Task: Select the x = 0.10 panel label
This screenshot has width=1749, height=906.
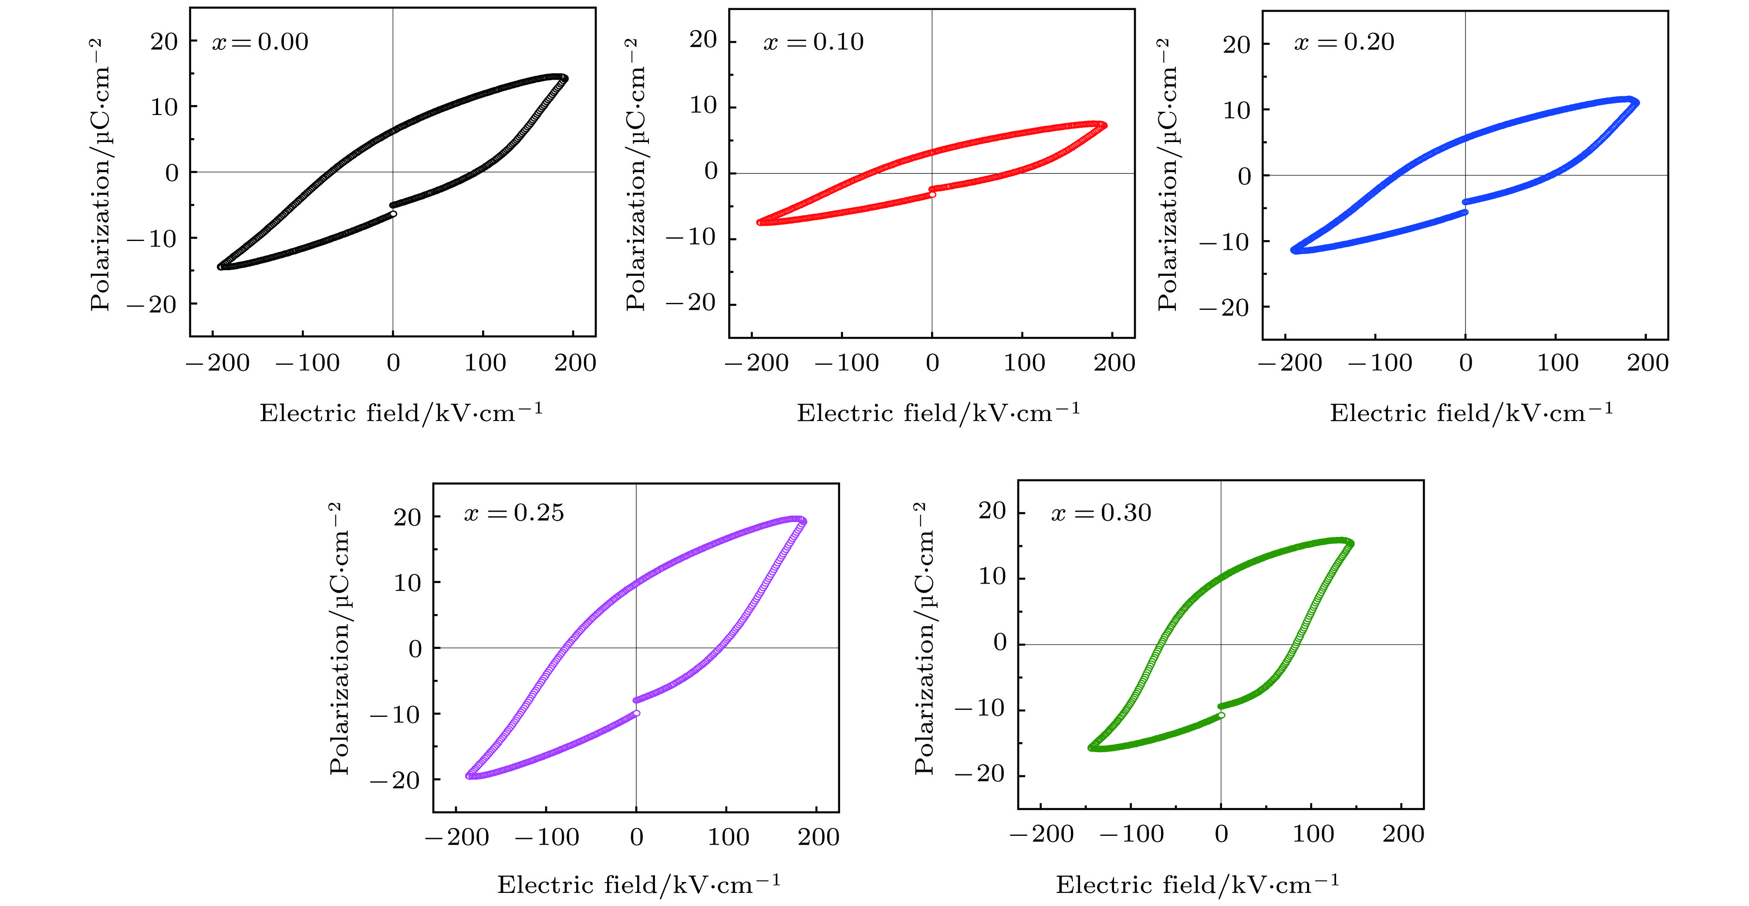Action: (x=814, y=42)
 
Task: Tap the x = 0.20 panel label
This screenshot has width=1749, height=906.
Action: (x=1344, y=42)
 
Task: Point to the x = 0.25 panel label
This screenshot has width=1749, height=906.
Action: (x=514, y=513)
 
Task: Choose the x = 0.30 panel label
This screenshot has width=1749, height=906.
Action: (x=1101, y=513)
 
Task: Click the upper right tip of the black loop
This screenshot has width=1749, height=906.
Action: (x=564, y=78)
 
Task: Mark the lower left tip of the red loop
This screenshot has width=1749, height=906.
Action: (x=760, y=222)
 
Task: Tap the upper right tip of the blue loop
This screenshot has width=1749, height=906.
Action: (x=1636, y=102)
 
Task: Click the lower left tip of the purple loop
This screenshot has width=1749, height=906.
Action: (x=469, y=776)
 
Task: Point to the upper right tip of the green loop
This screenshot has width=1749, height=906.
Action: (x=1350, y=543)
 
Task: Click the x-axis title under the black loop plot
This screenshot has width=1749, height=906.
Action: (x=401, y=413)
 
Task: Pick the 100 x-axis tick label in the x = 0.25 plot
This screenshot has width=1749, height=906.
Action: (x=728, y=837)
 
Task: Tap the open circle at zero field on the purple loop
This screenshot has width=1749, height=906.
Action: (x=637, y=713)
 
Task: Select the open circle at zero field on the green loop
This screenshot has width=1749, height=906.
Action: (x=1222, y=715)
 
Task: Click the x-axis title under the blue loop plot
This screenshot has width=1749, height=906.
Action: (x=1471, y=413)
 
